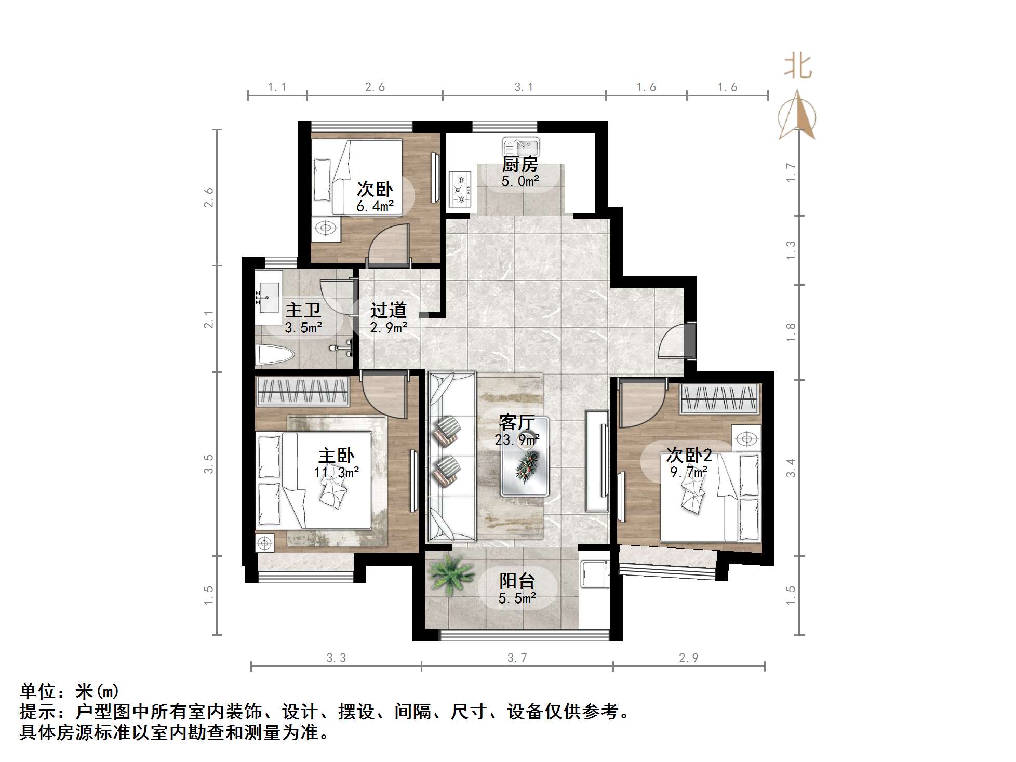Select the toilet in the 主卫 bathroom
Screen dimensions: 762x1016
pyautogui.click(x=275, y=355)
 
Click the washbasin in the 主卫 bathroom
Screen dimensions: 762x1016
pyautogui.click(x=269, y=298)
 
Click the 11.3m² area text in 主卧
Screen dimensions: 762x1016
pyautogui.click(x=336, y=472)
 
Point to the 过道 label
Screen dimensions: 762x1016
pyautogui.click(x=388, y=311)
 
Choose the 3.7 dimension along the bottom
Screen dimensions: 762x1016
pyautogui.click(x=517, y=658)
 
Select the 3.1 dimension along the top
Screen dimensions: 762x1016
pyautogui.click(x=524, y=87)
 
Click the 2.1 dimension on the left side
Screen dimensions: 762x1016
pyautogui.click(x=209, y=319)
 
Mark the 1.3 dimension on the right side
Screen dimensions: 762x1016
pyautogui.click(x=791, y=250)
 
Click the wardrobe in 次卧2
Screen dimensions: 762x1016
pyautogui.click(x=719, y=399)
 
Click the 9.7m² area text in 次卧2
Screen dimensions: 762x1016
pyautogui.click(x=689, y=472)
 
